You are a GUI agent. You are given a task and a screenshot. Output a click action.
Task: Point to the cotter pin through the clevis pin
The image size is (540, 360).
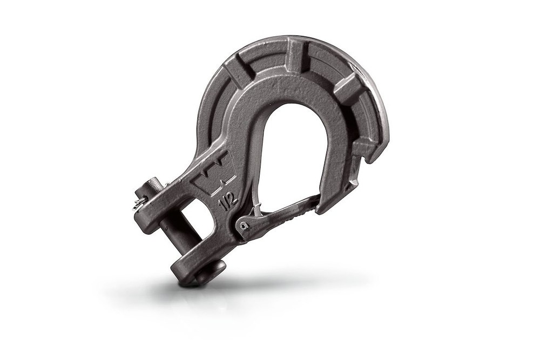coord(140,202)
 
